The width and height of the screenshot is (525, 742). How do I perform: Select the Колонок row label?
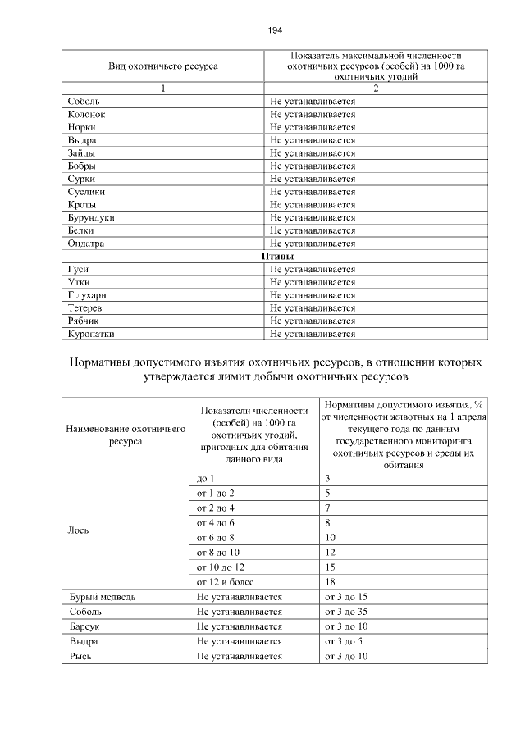87,114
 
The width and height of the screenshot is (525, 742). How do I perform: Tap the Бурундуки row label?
91,217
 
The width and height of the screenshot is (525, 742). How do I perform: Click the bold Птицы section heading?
277,257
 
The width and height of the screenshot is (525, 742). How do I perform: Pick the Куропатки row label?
91,334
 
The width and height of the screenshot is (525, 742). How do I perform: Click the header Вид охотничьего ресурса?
163,66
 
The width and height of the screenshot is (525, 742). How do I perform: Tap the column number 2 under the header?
375,89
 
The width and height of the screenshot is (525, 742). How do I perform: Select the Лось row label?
79,529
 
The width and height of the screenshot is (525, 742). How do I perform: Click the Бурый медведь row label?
103,598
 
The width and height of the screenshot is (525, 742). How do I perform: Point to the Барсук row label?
85,626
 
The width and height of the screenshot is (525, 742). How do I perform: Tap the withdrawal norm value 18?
331,581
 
